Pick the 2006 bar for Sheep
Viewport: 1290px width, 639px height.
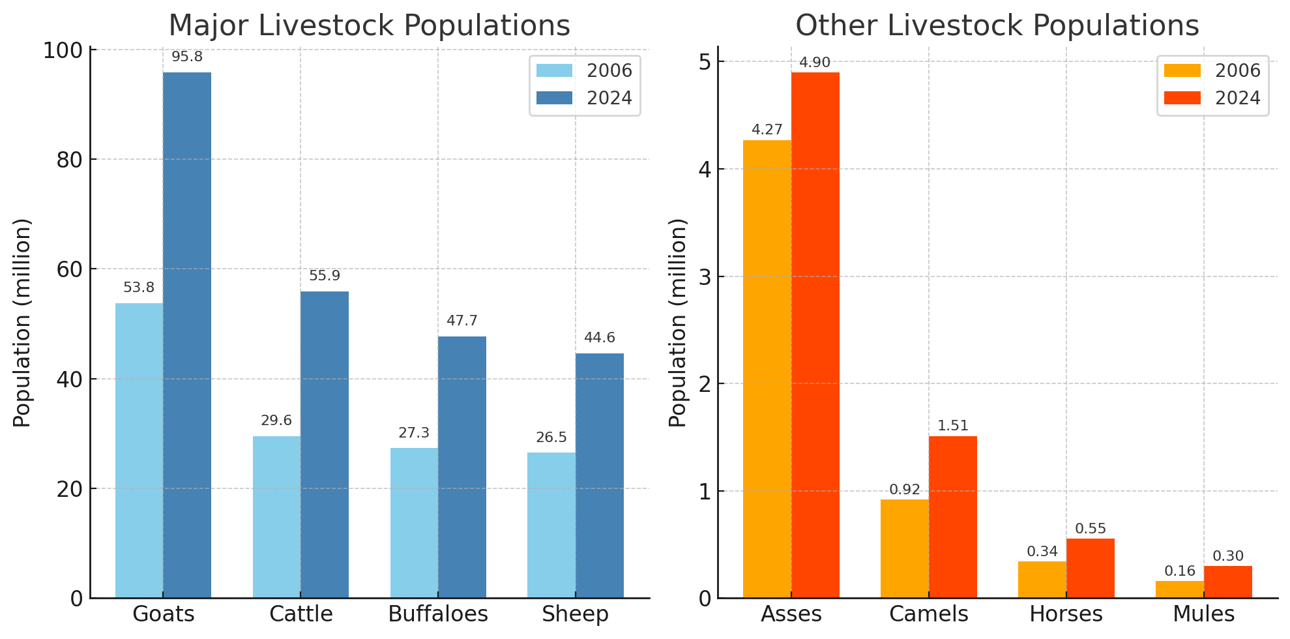pos(551,525)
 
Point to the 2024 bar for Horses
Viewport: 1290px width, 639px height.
pos(1090,568)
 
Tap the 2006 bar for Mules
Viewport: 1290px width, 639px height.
pos(1180,589)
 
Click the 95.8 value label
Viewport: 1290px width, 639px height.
pos(187,57)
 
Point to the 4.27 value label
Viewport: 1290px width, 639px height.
pos(767,130)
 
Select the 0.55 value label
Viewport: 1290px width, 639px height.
pos(1091,529)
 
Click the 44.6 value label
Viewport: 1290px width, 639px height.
pos(600,338)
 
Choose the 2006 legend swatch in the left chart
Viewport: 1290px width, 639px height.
pos(554,70)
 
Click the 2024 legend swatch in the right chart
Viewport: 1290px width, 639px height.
pos(1182,98)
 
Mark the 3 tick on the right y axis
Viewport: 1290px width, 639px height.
pos(705,276)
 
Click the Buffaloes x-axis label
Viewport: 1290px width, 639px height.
pos(438,614)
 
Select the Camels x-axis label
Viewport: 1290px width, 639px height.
pos(929,614)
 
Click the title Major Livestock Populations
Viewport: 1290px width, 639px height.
pos(370,26)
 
